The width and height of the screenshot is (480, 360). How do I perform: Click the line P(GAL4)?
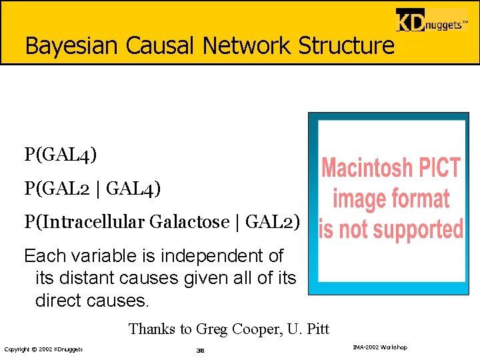tap(61, 155)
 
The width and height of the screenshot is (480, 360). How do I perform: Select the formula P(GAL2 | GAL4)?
tap(93, 189)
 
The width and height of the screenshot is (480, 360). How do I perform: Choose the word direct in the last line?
tap(61, 300)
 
